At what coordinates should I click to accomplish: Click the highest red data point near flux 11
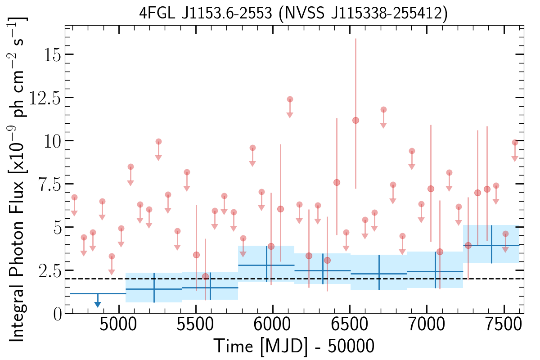tap(355, 120)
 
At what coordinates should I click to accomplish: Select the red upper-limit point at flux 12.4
tap(290, 99)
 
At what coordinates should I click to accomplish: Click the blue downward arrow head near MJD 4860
tap(98, 305)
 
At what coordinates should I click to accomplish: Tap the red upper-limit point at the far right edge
tap(514, 143)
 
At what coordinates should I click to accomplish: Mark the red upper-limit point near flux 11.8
tap(383, 110)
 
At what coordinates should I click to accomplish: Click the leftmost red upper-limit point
tap(74, 198)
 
